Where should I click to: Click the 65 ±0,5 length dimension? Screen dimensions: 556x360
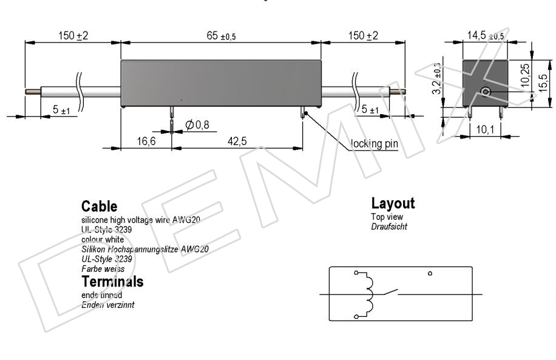pos(221,36)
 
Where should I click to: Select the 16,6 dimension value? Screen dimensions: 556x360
pos(146,141)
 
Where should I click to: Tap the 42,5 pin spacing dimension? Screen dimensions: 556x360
pos(237,141)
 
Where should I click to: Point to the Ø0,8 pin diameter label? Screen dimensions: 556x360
pos(197,124)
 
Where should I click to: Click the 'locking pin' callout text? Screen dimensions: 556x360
pos(374,144)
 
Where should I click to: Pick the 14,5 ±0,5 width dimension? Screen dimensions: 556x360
pos(485,36)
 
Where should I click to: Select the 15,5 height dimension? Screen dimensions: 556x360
pos(543,83)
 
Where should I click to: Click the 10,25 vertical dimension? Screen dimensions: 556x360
pos(525,75)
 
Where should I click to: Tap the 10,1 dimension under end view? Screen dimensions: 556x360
pos(485,129)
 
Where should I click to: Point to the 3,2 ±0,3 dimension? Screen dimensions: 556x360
pos(436,78)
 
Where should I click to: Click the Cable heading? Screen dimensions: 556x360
pos(100,206)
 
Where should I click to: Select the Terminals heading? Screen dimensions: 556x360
pos(112,281)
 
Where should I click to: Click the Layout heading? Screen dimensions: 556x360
pos(393,203)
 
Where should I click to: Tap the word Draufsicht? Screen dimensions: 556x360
pos(389,226)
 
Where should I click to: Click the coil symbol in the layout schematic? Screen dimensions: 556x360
pos(368,295)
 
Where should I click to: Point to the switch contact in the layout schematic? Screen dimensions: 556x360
pos(390,292)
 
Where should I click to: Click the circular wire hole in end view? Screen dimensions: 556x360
pos(486,92)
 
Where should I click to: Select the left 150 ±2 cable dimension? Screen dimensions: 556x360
pos(73,36)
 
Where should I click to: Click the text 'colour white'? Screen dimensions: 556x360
pos(103,239)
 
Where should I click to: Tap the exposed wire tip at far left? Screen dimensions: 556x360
pos(33,92)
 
